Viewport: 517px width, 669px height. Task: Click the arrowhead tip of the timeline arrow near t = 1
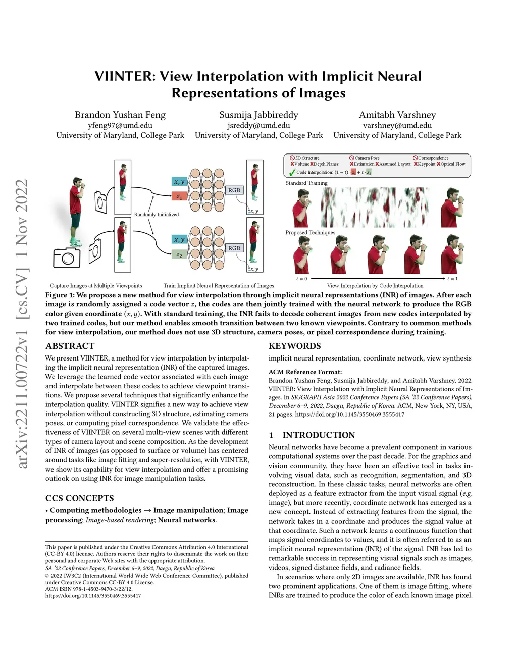pyautogui.click(x=445, y=278)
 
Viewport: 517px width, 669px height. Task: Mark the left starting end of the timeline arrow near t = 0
pyautogui.click(x=311, y=278)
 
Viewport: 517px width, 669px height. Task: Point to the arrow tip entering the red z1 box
pyautogui.click(x=172, y=195)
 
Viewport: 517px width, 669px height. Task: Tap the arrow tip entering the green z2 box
pyautogui.click(x=172, y=254)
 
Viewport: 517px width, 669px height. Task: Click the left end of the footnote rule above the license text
pyautogui.click(x=45, y=542)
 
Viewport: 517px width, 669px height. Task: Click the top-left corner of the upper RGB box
pyautogui.click(x=226, y=186)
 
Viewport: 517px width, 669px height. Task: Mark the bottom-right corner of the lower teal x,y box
pyautogui.click(x=187, y=244)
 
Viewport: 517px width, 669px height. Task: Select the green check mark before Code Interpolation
pyautogui.click(x=292, y=172)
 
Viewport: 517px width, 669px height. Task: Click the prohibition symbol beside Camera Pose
pyautogui.click(x=352, y=158)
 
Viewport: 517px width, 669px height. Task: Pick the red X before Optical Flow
pyautogui.click(x=439, y=164)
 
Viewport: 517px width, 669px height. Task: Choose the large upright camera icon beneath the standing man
pyautogui.click(x=67, y=258)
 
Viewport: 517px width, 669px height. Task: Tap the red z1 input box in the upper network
pyautogui.click(x=179, y=196)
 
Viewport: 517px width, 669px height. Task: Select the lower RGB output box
pyautogui.click(x=234, y=248)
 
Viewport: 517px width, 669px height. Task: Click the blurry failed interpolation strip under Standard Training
pyautogui.click(x=375, y=207)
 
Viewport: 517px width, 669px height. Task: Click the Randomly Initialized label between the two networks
pyautogui.click(x=157, y=214)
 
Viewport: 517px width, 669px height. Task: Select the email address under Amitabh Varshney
pyautogui.click(x=397, y=125)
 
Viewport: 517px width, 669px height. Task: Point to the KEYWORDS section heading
pyautogui.click(x=294, y=346)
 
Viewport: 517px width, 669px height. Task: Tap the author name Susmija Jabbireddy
pyautogui.click(x=259, y=115)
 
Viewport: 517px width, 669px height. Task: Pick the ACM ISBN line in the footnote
pyautogui.click(x=89, y=589)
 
